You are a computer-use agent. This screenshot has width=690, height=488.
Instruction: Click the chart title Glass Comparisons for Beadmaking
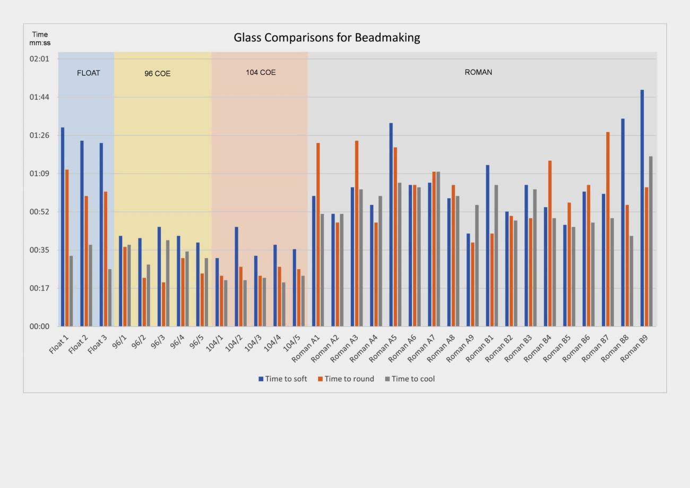pyautogui.click(x=327, y=38)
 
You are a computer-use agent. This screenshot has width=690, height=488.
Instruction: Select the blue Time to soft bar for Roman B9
pyautogui.click(x=642, y=207)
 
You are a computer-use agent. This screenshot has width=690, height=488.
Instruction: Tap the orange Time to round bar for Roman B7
pyautogui.click(x=608, y=228)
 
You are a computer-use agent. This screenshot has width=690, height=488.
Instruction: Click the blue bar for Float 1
pyautogui.click(x=63, y=226)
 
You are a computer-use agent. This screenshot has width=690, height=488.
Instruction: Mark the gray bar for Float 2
pyautogui.click(x=90, y=285)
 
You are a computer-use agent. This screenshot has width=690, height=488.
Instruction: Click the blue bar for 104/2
pyautogui.click(x=237, y=276)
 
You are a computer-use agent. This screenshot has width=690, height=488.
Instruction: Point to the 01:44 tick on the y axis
pyautogui.click(x=39, y=97)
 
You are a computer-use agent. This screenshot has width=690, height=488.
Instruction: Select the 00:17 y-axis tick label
pyautogui.click(x=39, y=288)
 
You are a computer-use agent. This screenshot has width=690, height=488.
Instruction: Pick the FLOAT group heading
pyautogui.click(x=88, y=73)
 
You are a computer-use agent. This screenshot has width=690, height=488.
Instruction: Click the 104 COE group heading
pyautogui.click(x=261, y=72)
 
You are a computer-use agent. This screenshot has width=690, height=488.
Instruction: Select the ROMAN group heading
pyautogui.click(x=478, y=72)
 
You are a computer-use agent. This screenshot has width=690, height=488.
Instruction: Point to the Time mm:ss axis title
pyautogui.click(x=40, y=38)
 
